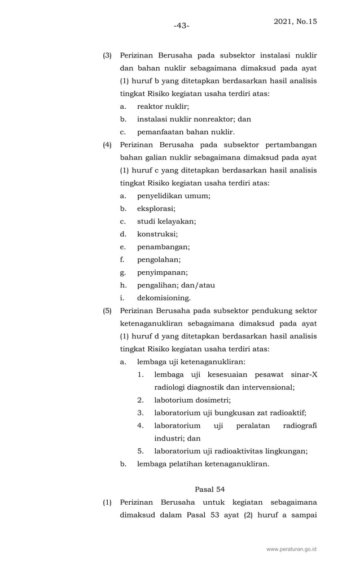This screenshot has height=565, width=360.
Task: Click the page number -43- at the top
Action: (x=181, y=26)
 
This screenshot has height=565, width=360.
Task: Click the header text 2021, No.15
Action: (x=295, y=21)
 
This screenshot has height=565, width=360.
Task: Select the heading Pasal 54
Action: (x=209, y=489)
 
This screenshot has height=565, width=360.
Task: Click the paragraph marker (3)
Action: (x=107, y=55)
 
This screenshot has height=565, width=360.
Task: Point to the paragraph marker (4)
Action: (x=107, y=145)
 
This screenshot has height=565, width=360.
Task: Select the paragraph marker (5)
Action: (x=107, y=311)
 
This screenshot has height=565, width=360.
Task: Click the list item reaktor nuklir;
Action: (x=163, y=107)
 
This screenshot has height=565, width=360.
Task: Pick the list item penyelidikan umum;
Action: (x=173, y=196)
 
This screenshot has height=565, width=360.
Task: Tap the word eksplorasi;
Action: (x=156, y=209)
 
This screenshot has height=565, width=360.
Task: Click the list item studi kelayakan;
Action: (x=166, y=222)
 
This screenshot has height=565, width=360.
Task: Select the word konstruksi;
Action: (x=157, y=234)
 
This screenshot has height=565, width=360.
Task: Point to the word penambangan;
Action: (x=163, y=247)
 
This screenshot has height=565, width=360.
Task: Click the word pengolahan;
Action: (x=159, y=260)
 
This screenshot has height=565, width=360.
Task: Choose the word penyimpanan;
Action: (x=163, y=272)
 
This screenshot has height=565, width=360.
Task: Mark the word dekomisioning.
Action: (x=164, y=298)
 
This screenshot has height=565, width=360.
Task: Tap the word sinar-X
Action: (x=304, y=374)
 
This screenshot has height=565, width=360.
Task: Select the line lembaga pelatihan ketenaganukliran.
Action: (x=203, y=465)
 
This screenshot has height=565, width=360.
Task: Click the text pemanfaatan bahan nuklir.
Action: (x=186, y=132)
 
